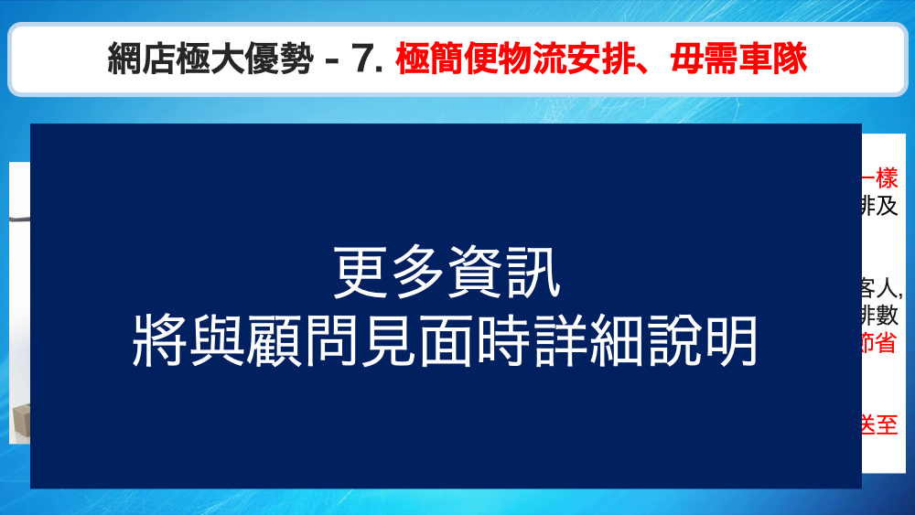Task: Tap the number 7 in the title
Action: pyautogui.click(x=365, y=60)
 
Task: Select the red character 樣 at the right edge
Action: pyautogui.click(x=886, y=179)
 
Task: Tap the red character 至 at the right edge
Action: pyautogui.click(x=886, y=424)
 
